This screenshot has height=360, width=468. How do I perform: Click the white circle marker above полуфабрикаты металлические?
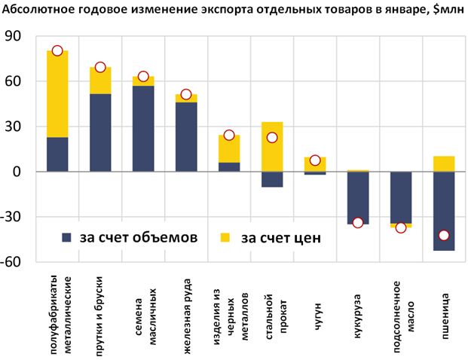[x=57, y=50]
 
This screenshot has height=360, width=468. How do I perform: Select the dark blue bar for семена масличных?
[x=143, y=128]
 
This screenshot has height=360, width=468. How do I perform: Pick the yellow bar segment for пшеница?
[x=444, y=163]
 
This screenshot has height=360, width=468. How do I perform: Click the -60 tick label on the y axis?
[x=14, y=262]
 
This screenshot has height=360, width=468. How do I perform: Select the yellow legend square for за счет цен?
[x=227, y=238]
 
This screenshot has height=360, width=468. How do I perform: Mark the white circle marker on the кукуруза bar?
[x=358, y=222]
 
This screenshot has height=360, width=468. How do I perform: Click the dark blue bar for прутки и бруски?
[x=100, y=133]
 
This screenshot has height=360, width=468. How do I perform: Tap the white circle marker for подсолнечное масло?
[x=401, y=227]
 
